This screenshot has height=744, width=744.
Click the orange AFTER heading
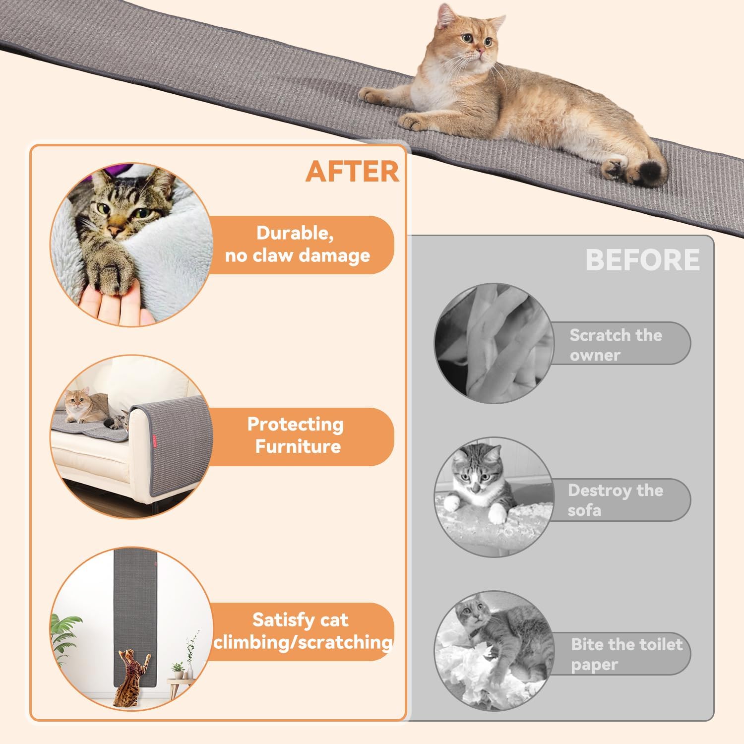coord(352,172)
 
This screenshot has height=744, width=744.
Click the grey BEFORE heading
coord(643,259)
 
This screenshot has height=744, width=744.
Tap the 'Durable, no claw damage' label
coord(298,244)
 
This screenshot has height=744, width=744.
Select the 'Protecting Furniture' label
coord(296,435)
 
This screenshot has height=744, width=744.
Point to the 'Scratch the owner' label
coord(616,345)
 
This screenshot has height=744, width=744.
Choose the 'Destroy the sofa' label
coord(615,500)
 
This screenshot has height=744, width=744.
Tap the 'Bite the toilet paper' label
coord(626,654)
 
